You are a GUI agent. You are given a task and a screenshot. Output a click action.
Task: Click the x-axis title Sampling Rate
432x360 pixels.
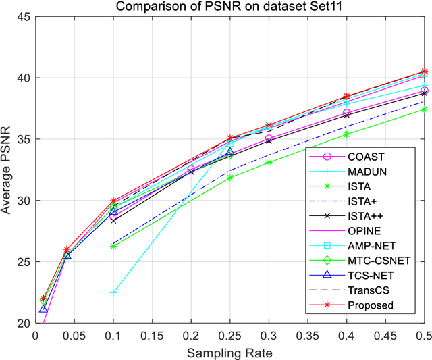[x=230, y=352]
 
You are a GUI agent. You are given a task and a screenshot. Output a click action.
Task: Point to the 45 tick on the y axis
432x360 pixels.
[x=24, y=16]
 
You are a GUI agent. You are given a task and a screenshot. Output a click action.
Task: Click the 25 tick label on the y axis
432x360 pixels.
[x=24, y=262]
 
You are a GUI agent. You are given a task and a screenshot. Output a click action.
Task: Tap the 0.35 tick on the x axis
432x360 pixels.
[x=308, y=335]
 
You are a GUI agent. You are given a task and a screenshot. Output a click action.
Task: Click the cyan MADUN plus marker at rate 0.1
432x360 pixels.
[x=113, y=292]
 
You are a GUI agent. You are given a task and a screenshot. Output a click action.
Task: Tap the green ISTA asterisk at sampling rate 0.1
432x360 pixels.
[x=113, y=247]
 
